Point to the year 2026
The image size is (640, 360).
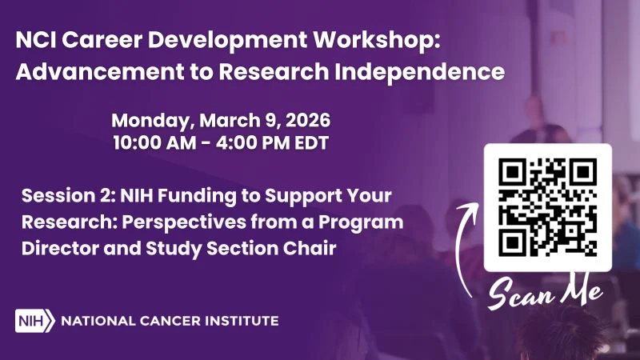coord(306,122)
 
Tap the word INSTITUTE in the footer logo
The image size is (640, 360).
coord(242,321)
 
